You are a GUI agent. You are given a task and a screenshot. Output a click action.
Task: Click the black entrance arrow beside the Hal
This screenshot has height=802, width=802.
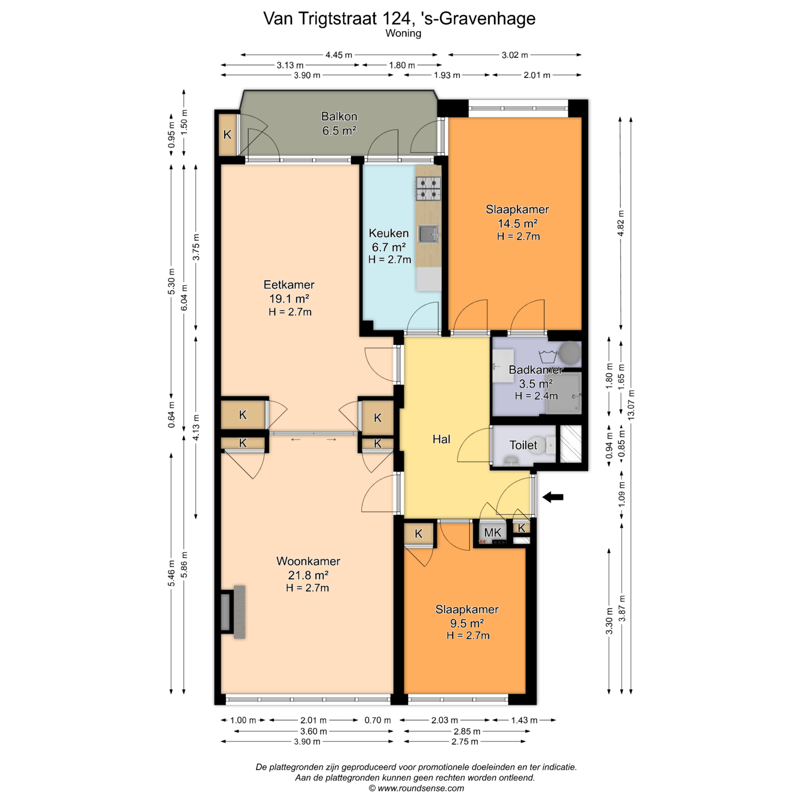(x=553, y=497)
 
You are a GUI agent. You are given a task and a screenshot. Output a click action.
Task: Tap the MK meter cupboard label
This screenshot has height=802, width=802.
(x=492, y=533)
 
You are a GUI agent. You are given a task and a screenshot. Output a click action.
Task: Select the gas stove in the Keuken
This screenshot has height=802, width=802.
(x=428, y=188)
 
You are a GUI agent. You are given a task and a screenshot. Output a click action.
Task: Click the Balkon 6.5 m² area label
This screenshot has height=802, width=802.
(x=339, y=124)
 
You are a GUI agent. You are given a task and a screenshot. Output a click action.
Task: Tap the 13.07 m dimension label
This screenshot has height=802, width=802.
(x=631, y=404)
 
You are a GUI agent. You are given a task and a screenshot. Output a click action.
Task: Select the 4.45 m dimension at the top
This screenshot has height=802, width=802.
(x=339, y=55)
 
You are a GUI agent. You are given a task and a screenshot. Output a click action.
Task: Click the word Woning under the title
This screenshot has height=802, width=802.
(x=403, y=33)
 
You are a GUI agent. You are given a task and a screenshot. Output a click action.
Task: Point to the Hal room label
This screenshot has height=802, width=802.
(x=441, y=439)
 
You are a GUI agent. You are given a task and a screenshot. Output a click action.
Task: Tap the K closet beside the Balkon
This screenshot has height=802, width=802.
(x=227, y=135)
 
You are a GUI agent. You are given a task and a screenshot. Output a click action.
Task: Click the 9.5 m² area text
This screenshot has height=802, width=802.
(x=467, y=623)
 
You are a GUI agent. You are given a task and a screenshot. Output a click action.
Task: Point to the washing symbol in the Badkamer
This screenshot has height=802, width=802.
(x=548, y=356)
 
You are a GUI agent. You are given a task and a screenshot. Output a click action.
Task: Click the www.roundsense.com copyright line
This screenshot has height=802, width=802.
(x=416, y=788)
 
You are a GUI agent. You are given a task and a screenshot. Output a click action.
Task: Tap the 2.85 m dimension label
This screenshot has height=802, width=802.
(x=467, y=731)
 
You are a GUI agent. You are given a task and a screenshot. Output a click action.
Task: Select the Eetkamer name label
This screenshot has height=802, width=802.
(x=289, y=285)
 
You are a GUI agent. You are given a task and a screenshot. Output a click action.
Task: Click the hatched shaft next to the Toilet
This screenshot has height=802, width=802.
(x=571, y=444)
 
